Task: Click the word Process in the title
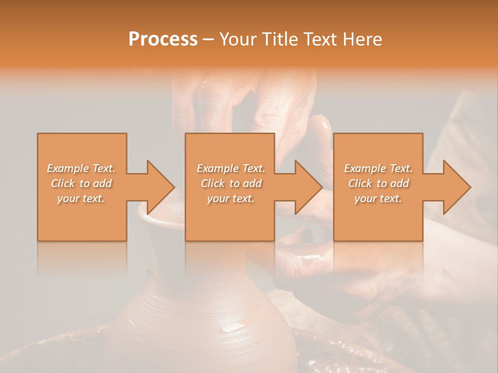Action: coord(163,39)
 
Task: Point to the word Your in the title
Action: coord(240,39)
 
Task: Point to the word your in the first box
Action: coord(68,199)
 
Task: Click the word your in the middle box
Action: coord(218,199)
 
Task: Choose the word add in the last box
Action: coord(399,183)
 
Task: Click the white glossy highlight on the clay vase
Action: coord(232,327)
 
